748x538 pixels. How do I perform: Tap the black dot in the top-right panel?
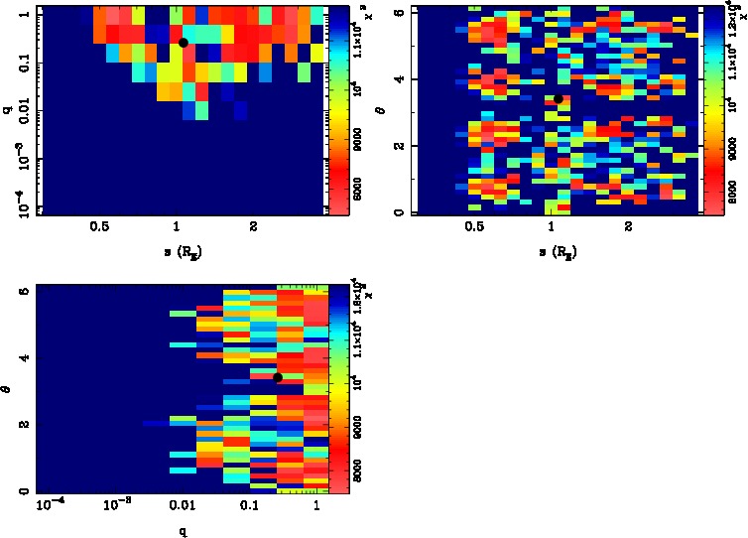coord(560,98)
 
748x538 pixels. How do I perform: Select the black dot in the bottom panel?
coord(278,377)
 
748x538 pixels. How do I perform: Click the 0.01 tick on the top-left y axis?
coord(19,112)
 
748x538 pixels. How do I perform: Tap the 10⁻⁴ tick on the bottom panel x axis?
coord(50,507)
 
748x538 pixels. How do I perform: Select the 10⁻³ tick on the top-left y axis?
coord(20,160)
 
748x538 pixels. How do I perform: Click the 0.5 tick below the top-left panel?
coord(99,227)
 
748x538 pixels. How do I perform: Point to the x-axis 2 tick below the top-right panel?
coord(628,227)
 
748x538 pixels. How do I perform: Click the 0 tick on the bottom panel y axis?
coord(22,490)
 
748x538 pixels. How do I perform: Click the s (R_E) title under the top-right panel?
coord(558,251)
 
